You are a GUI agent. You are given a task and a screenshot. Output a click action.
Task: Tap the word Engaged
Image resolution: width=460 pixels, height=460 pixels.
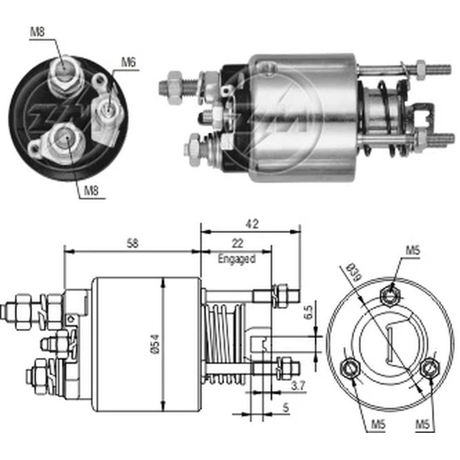(x=236, y=259)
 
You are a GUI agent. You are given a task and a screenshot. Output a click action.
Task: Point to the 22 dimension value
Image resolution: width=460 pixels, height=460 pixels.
(x=237, y=244)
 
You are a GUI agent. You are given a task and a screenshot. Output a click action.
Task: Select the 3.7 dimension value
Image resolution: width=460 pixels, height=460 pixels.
(x=299, y=387)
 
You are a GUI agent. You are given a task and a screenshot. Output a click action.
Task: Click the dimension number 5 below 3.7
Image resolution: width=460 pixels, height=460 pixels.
(x=286, y=408)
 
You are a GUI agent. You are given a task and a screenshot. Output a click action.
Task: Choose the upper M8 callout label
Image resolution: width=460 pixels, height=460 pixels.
(x=37, y=32)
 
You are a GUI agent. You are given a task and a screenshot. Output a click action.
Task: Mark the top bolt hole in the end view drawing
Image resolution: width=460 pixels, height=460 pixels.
(x=390, y=295)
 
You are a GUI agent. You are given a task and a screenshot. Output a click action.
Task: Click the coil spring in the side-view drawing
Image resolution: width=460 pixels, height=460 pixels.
(x=224, y=343)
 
